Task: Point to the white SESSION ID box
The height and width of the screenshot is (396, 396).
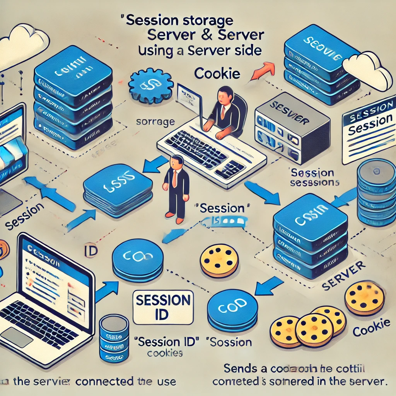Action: [x=162, y=306]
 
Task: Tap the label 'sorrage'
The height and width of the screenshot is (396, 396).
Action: [x=156, y=122]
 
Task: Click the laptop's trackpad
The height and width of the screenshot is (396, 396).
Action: [x=17, y=337]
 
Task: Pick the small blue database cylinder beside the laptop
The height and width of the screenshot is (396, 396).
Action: [x=114, y=337]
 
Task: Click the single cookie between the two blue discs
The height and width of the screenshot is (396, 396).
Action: [x=219, y=261]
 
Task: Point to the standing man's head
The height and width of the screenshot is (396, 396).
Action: [x=176, y=161]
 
